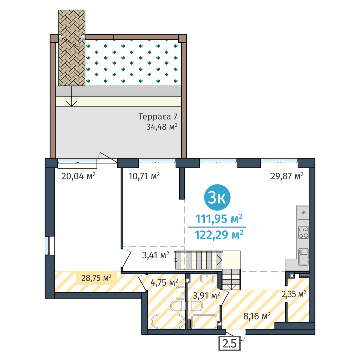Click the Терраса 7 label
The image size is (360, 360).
pos(158,117)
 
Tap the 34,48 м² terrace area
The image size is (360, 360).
pos(162,127)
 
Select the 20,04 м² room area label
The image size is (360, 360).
pos(78,176)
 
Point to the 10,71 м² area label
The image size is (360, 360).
pos(144,176)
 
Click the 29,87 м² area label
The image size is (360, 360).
pos(287,176)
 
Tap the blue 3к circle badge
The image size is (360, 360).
pos(217,197)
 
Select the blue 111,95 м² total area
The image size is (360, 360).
pos(219,219)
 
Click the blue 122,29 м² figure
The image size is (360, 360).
pos(219,235)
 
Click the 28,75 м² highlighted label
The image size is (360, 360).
pos(96,278)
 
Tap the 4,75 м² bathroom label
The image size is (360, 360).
pos(164,283)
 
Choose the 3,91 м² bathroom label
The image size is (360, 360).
pos(206,295)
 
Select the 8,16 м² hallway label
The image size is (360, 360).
pos(257,316)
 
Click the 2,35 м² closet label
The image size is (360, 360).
pos(294,294)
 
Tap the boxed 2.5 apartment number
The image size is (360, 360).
pos(229,343)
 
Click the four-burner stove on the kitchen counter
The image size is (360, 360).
pos(303,232)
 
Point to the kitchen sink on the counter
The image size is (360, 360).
pos(303,257)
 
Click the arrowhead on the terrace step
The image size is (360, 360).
pos(72,104)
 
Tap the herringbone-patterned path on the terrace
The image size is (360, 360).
pos(72,48)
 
